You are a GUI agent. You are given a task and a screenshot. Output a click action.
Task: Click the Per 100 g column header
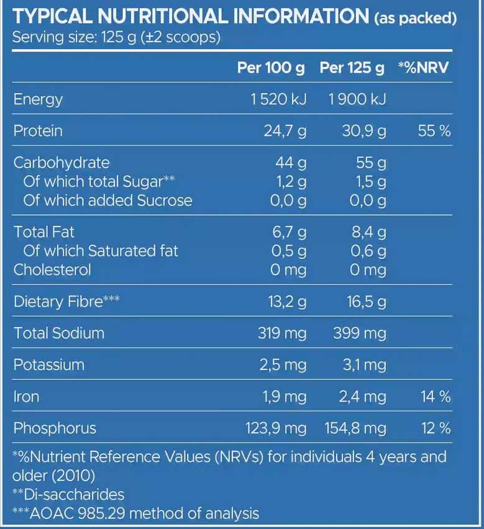pyautogui.click(x=271, y=68)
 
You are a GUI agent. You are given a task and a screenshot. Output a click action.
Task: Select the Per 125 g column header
pyautogui.click(x=352, y=68)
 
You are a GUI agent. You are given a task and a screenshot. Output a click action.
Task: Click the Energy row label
pyautogui.click(x=38, y=99)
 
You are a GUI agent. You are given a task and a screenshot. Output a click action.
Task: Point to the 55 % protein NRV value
pyautogui.click(x=434, y=131)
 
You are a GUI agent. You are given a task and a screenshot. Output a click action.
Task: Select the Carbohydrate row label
pyautogui.click(x=62, y=163)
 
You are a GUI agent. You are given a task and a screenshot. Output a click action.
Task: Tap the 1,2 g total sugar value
pyautogui.click(x=291, y=182)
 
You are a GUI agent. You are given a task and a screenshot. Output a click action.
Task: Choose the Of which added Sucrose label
pyautogui.click(x=107, y=201)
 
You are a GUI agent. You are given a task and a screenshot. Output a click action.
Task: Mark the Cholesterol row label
pyautogui.click(x=52, y=269)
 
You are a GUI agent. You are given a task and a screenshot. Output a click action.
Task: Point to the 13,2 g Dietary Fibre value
pyautogui.click(x=286, y=302)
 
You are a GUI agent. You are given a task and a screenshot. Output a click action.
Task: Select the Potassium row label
pyautogui.click(x=48, y=364)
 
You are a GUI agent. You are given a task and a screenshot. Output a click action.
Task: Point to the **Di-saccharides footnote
pyautogui.click(x=68, y=494)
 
